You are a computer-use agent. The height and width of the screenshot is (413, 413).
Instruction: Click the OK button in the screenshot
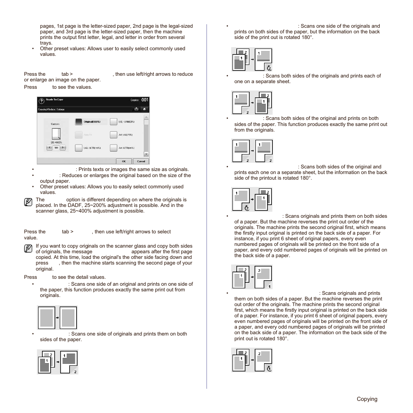point(123,161)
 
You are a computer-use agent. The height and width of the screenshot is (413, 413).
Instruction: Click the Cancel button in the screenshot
point(141,161)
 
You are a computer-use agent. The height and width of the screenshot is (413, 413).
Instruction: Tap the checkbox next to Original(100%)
point(79,122)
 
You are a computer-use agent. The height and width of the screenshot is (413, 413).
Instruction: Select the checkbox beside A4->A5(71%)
point(113,135)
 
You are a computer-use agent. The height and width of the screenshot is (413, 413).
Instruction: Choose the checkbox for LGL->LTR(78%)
point(79,148)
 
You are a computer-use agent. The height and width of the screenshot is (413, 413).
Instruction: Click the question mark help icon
point(42,100)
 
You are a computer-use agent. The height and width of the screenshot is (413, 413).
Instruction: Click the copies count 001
point(145,100)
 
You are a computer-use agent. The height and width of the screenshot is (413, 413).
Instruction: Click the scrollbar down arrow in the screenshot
point(146,154)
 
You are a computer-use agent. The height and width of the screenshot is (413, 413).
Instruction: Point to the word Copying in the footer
point(367,399)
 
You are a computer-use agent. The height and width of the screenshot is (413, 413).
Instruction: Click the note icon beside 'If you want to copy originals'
point(28,248)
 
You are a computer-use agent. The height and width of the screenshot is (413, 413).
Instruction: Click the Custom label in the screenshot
point(55,124)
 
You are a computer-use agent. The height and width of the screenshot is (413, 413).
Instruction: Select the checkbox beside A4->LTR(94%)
point(113,148)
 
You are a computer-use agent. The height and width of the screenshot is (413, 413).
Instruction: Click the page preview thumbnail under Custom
point(56,134)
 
